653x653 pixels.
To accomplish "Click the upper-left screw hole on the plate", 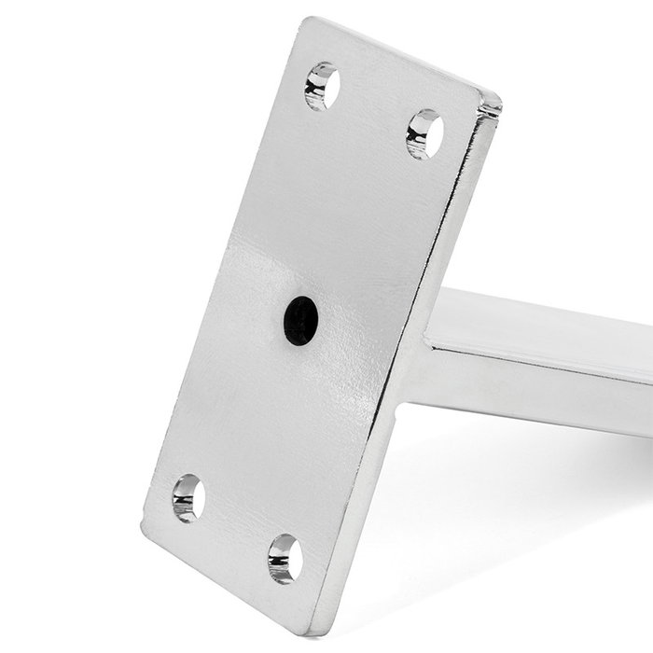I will (322, 86).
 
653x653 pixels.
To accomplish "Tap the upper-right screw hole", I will (424, 132).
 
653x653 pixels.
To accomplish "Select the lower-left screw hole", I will (188, 497).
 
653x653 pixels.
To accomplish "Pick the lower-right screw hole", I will (285, 559).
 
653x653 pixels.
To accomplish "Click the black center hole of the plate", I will (300, 320).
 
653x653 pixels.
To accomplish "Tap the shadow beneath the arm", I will (522, 485).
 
